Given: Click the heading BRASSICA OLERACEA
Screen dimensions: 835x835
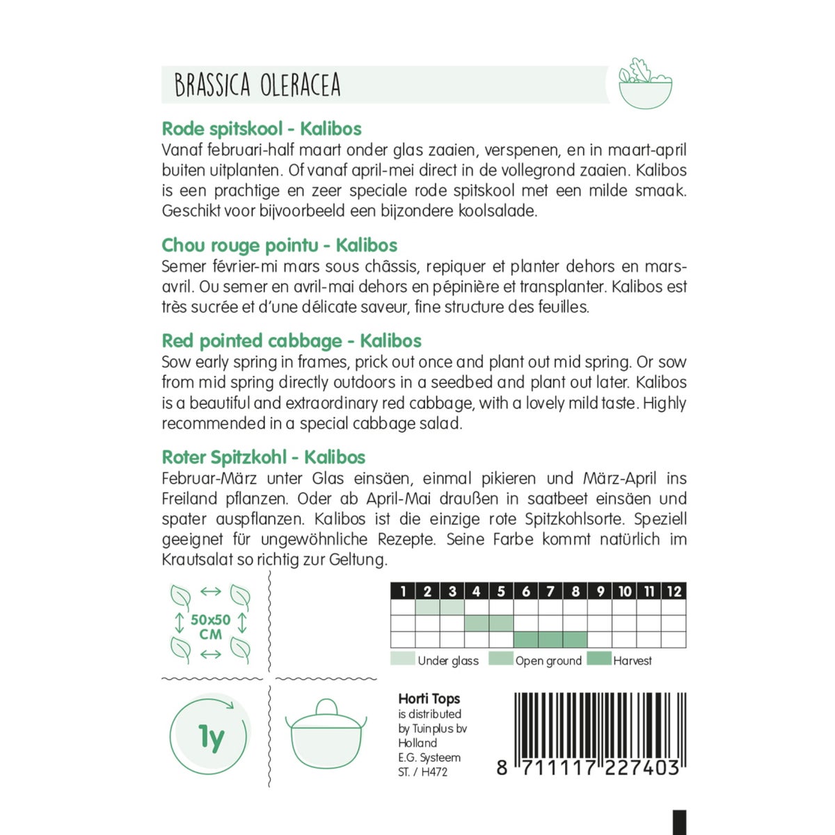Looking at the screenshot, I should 257,85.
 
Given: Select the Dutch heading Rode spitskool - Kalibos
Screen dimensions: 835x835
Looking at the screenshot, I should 262,129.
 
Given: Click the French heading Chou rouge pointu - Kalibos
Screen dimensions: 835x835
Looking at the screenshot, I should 279,245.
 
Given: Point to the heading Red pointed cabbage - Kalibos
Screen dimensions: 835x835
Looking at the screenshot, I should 292,341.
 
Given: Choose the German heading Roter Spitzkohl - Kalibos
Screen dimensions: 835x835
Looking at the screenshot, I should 264,457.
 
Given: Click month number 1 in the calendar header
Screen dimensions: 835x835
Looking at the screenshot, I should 404,591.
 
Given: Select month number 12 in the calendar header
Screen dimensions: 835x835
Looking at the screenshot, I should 674,591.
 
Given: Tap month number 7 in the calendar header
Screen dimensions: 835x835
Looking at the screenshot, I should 550,591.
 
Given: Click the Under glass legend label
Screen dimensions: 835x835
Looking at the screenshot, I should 447,661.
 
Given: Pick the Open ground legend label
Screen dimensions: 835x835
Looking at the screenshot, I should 548,661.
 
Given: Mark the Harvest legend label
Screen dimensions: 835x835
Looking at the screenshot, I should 632,661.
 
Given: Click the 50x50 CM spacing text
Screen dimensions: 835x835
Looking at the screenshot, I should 210,626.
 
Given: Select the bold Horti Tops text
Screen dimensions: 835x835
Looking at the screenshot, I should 429,699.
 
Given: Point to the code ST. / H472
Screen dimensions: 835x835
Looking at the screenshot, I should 422,772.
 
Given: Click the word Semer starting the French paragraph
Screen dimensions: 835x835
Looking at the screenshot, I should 184,266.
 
